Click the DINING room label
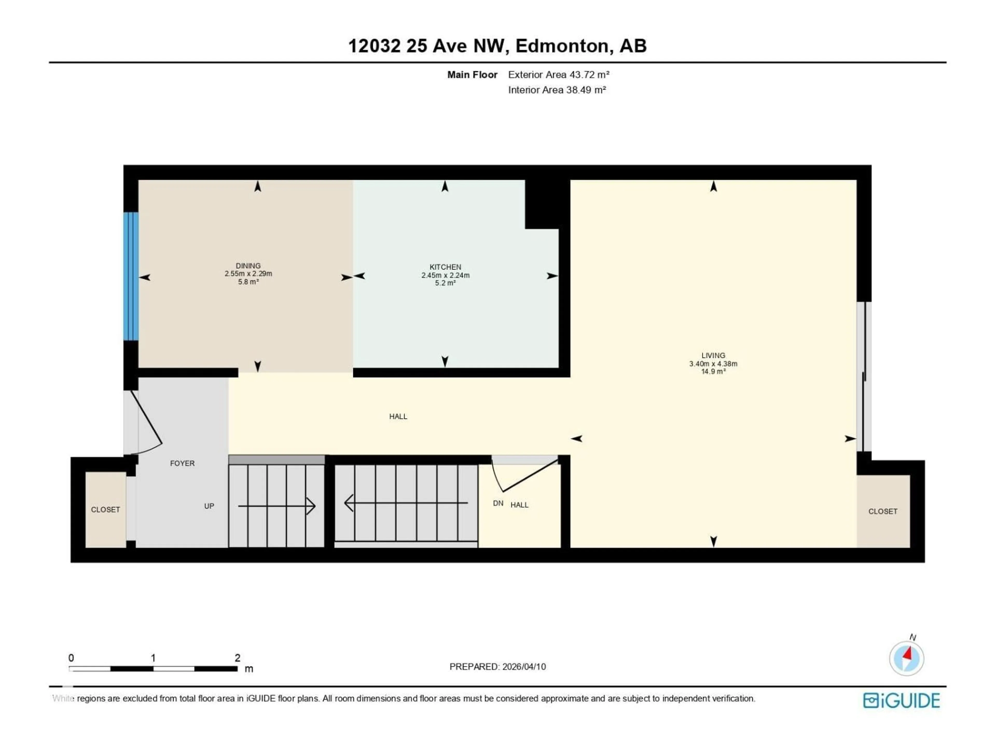pos(248,266)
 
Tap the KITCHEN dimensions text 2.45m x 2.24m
pos(445,275)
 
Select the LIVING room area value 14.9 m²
pos(713,371)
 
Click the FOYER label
pos(182,463)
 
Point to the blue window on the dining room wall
pos(131,276)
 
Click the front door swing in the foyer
pos(146,421)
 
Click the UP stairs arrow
pos(276,506)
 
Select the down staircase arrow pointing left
pos(405,503)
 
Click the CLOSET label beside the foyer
pos(105,510)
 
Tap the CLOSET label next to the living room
pos(883,511)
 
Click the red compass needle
pos(908,653)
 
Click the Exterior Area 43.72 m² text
pos(558,75)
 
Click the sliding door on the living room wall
pos(864,376)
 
